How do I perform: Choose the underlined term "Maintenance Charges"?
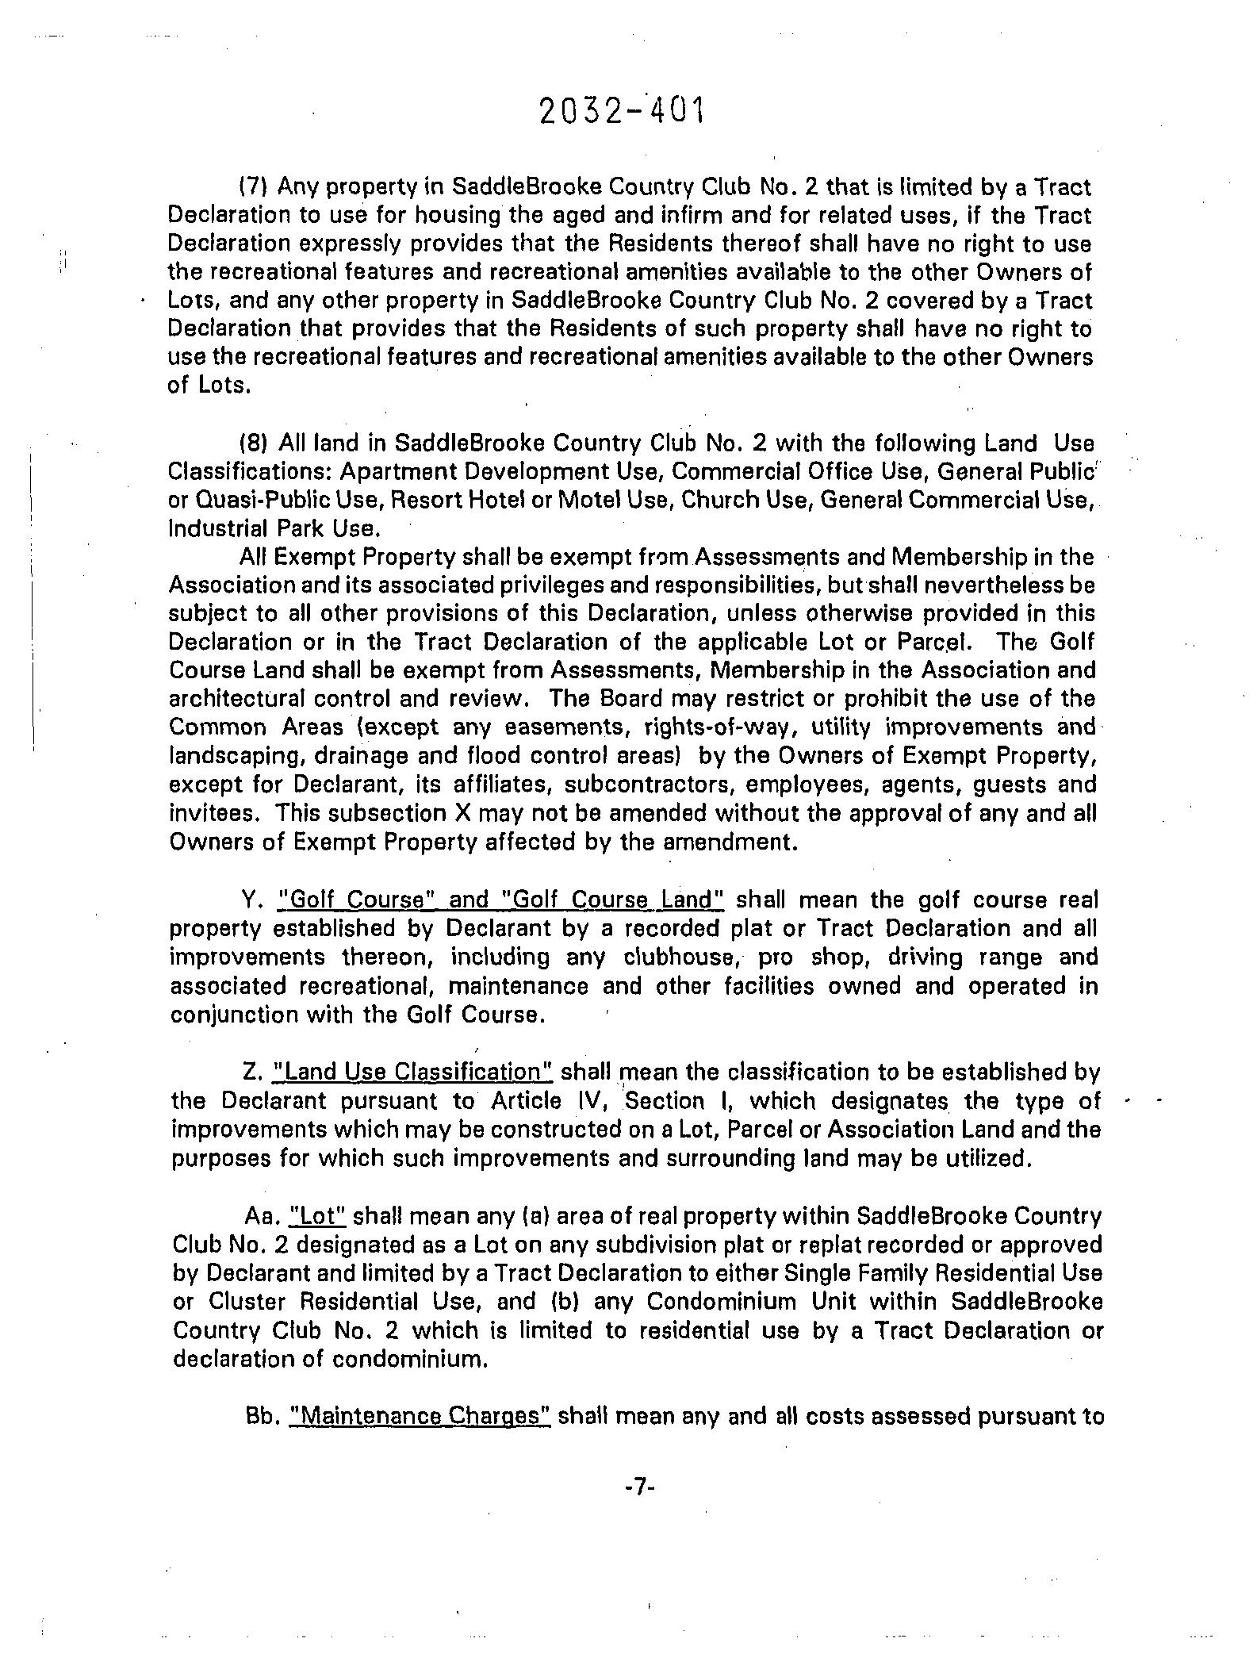tap(420, 1417)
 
